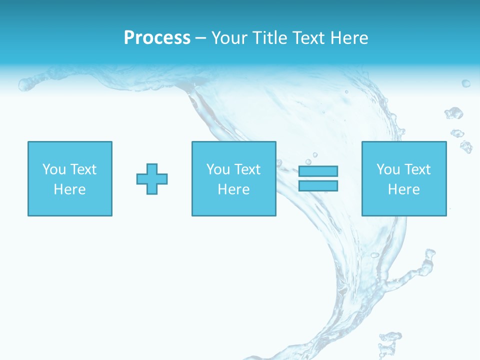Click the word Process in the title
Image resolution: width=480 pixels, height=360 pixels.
click(157, 38)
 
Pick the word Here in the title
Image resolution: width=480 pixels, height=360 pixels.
click(349, 38)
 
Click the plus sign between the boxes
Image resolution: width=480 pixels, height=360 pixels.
click(152, 179)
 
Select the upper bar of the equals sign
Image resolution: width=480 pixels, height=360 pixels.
click(318, 171)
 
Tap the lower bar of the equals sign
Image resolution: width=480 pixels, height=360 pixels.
click(318, 186)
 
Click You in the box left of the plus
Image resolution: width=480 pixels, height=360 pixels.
click(54, 169)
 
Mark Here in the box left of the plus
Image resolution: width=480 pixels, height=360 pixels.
click(69, 189)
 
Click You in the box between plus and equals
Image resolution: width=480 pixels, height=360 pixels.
click(218, 169)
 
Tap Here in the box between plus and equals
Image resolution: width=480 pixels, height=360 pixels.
click(233, 189)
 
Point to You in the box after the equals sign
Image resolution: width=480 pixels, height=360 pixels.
click(388, 169)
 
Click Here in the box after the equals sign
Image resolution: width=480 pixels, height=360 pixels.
click(403, 189)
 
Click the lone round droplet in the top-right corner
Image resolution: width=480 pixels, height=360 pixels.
click(465, 83)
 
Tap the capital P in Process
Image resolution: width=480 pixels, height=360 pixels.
click(129, 38)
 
